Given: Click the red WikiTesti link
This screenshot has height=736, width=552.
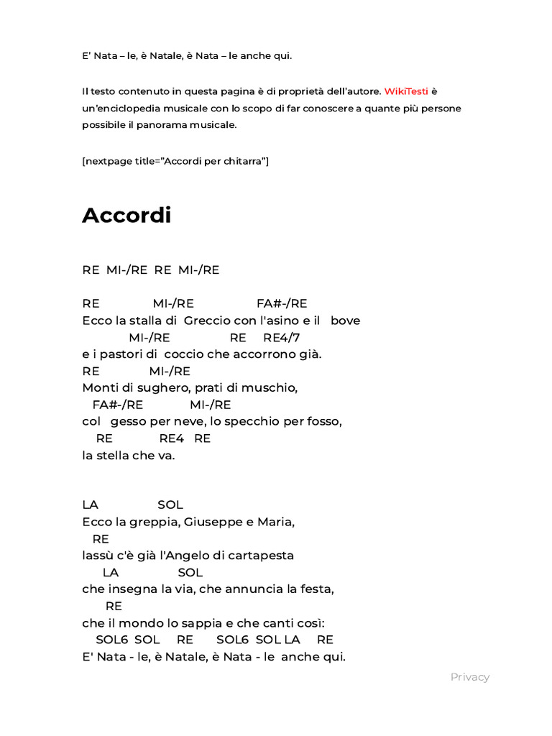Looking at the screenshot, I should coord(406,91).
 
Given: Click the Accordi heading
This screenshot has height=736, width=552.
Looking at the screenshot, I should coord(126,215).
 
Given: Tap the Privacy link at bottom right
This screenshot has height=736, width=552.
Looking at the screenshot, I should coord(470,676).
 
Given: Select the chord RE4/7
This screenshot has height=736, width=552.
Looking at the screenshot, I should coord(282,337).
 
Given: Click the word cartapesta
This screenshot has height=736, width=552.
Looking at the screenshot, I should coord(260,556).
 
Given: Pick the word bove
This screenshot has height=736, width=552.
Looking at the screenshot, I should coord(346,321).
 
